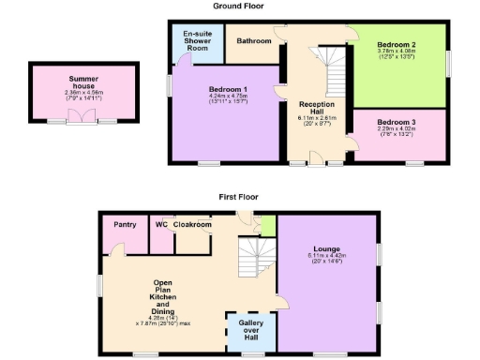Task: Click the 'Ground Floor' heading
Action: [x=239, y=6]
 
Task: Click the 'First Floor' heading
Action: [x=239, y=198]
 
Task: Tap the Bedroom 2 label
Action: [x=401, y=45]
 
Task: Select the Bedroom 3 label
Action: [x=401, y=122]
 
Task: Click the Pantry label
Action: [x=125, y=225]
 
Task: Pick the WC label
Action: [x=161, y=225]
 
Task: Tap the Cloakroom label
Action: [x=192, y=225]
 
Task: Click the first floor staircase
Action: [x=255, y=258]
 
